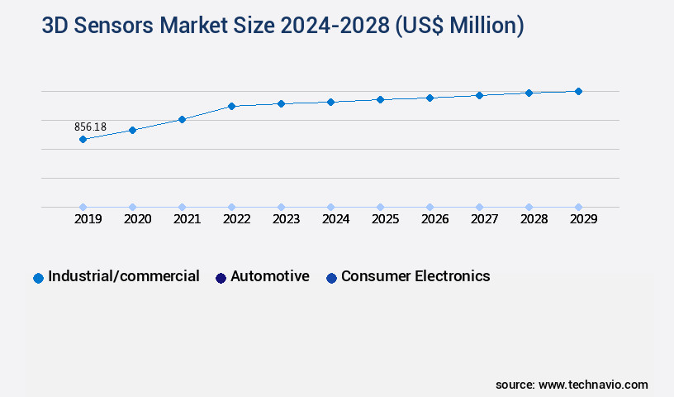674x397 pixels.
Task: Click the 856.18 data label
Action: coord(90,127)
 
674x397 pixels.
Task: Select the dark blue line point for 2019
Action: coord(83,139)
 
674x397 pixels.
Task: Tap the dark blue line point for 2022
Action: coord(231,106)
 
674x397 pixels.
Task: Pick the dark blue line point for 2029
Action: coord(578,91)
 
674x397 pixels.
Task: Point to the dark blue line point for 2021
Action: coord(182,119)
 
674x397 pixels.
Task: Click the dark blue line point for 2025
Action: coord(380,99)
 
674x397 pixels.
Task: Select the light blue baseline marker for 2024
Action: coord(330,207)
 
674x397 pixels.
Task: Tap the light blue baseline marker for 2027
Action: coord(479,207)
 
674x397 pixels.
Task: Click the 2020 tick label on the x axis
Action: coord(137,219)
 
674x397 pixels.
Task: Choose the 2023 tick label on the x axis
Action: coord(286,219)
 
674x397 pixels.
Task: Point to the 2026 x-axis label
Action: coord(434,219)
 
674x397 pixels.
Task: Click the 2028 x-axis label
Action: coord(534,219)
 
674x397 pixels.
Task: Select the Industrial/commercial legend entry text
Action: coord(124,276)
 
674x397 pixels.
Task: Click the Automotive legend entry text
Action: coord(270,276)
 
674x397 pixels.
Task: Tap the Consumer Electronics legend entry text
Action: coord(415,276)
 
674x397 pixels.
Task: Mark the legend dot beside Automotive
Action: coord(221,278)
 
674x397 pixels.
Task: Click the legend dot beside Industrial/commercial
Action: coord(38,278)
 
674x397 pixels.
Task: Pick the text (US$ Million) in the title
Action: coord(459,26)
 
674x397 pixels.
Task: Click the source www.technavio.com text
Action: coord(572,385)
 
